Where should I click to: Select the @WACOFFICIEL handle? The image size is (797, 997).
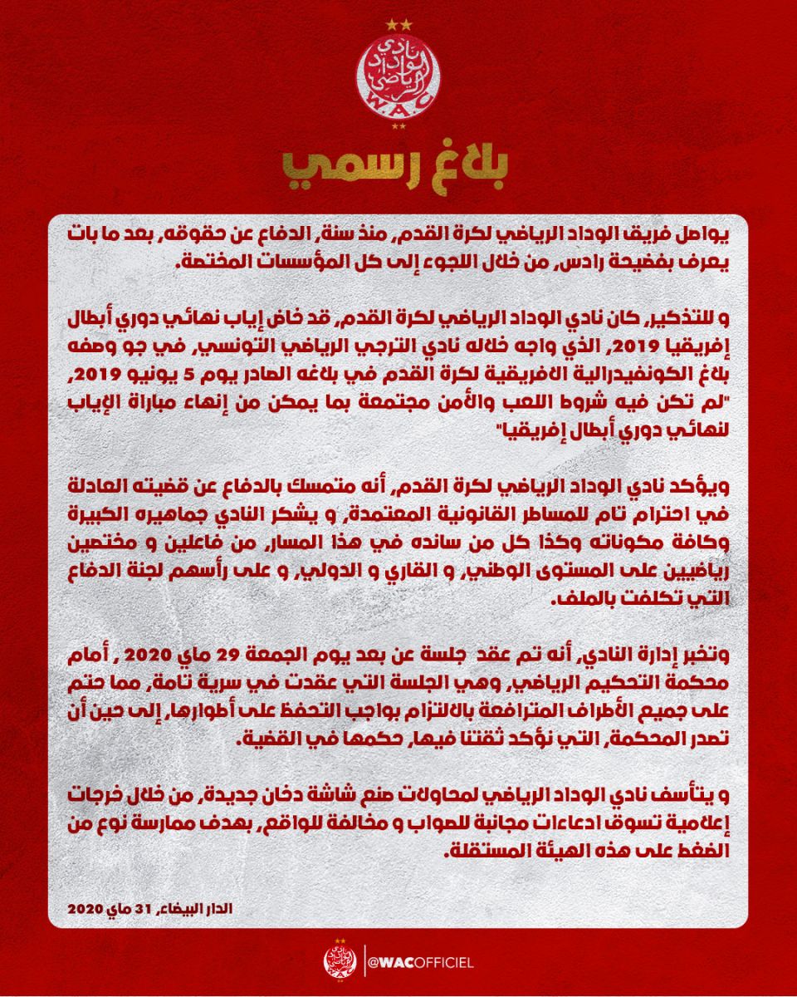point(419,963)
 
